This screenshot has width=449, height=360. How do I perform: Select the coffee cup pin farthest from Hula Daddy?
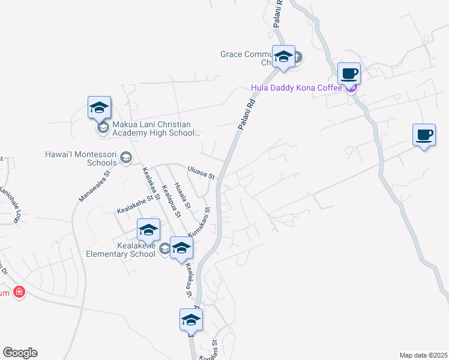click(x=424, y=136)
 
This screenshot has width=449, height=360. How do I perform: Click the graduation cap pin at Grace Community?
click(x=283, y=58)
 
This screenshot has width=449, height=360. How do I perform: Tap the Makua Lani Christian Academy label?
click(x=155, y=128)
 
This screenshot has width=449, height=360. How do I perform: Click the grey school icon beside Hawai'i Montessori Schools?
click(x=125, y=157)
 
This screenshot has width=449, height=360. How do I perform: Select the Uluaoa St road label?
click(x=200, y=172)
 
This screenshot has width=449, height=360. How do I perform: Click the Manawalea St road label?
click(x=95, y=186)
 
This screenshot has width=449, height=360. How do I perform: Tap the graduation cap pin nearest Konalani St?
click(x=191, y=320)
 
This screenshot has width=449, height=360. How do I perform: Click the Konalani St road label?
click(x=214, y=350)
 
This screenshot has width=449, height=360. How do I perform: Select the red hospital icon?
click(x=19, y=292)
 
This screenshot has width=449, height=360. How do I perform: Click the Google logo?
click(x=20, y=353)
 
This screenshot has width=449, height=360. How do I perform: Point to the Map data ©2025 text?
click(x=423, y=355)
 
